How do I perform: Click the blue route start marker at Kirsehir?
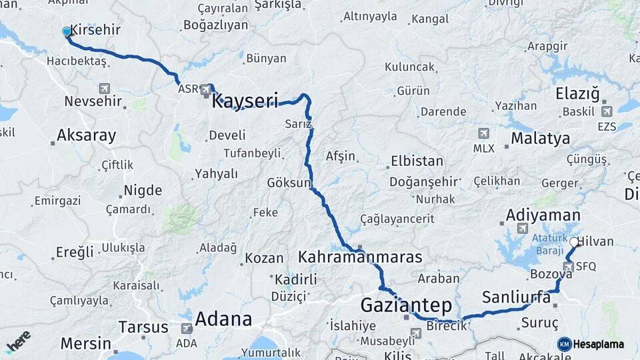67,31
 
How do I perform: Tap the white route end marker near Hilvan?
574,243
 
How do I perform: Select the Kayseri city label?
245,101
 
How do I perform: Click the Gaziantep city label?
406,305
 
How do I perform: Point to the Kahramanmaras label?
360,257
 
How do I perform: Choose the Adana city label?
223,319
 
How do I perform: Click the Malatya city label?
540,139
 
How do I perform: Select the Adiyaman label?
543,215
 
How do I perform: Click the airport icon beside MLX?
483,133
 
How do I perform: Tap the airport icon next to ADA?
186,329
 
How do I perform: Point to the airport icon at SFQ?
567,267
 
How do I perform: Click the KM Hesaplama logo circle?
565,344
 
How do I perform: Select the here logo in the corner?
18,342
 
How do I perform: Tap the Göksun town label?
289,183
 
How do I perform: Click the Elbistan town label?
417,161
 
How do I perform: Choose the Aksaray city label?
86,135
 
